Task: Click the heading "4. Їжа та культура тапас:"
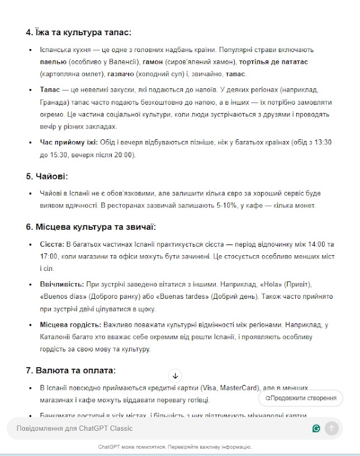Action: click(x=78, y=32)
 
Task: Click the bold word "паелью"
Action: click(x=53, y=62)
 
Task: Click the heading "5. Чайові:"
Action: click(x=46, y=176)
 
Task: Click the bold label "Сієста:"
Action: click(x=51, y=245)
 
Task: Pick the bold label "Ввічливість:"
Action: click(x=61, y=285)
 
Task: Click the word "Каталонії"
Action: click(x=56, y=337)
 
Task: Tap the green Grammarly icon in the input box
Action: click(x=316, y=429)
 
